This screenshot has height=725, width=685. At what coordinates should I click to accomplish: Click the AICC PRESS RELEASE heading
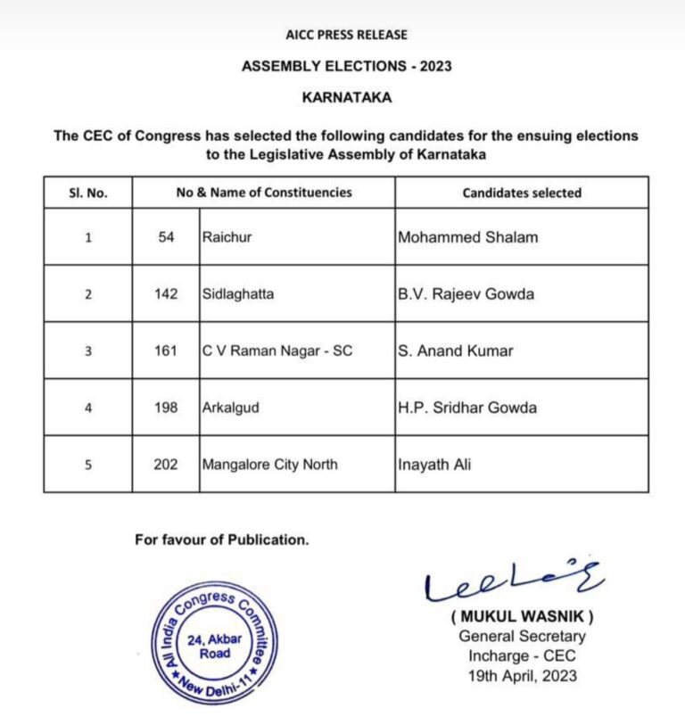[346, 35]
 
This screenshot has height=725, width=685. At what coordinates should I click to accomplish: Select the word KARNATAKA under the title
[346, 97]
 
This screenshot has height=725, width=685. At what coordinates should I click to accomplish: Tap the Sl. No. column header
[87, 193]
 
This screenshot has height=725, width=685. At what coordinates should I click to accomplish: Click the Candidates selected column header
[522, 193]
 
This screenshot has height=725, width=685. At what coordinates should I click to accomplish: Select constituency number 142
[166, 294]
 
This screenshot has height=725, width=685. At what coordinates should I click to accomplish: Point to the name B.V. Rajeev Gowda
[466, 294]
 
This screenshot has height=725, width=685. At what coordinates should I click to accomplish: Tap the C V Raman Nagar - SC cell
[277, 350]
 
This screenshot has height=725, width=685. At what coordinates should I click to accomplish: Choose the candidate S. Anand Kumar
[456, 350]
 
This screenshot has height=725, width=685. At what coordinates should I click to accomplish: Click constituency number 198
[166, 408]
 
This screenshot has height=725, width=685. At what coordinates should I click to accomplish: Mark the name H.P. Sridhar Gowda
[467, 408]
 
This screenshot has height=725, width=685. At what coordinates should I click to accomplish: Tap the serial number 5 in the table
[87, 465]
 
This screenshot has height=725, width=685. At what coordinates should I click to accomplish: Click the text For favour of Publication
[222, 540]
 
